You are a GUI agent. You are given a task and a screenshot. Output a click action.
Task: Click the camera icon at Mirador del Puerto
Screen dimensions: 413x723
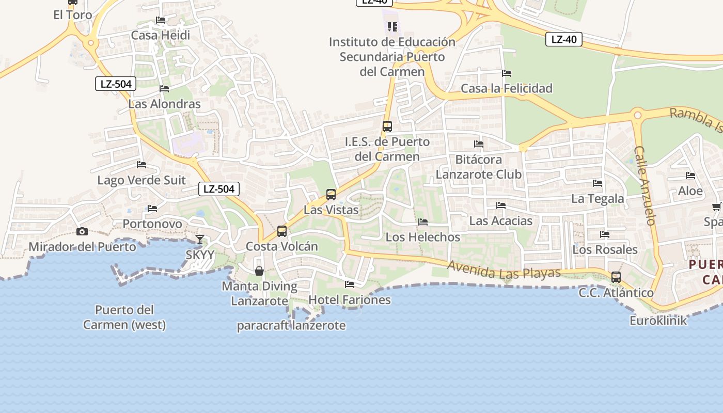point(82,231)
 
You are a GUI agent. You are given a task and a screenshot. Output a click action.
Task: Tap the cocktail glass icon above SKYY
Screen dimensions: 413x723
point(200,239)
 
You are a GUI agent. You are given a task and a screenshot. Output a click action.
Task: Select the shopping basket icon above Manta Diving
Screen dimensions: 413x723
point(259,271)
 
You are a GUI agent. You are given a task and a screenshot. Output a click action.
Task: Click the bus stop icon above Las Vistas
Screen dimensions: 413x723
point(331,195)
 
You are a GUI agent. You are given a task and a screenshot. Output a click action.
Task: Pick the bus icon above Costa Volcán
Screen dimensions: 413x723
point(282,231)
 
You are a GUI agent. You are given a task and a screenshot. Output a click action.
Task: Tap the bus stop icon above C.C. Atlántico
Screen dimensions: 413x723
point(616,277)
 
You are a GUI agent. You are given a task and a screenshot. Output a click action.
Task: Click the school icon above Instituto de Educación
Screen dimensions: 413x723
point(392,26)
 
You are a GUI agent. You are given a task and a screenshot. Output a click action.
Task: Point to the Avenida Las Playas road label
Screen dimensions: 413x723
point(504,269)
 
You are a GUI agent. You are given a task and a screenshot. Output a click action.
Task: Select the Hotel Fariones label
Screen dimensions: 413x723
point(350,299)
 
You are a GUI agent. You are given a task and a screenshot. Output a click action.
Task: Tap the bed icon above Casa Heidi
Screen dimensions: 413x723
point(161,20)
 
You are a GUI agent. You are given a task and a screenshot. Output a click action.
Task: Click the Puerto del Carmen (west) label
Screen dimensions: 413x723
point(124,317)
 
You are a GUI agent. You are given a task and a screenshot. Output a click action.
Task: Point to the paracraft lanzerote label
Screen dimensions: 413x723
point(291,326)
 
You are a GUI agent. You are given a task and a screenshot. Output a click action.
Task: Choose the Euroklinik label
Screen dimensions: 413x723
point(658,320)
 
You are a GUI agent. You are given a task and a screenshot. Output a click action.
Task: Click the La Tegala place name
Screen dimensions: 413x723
point(598,198)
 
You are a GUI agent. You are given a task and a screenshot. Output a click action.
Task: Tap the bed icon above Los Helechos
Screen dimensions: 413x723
point(423,222)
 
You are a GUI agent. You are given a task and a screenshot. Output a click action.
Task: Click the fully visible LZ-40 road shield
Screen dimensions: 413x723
point(564,39)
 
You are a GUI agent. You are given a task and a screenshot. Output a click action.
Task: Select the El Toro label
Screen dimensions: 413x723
point(73,14)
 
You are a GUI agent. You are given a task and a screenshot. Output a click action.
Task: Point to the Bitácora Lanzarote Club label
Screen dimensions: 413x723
point(479,166)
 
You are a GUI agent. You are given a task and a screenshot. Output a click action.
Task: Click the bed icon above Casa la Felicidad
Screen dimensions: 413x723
point(507,73)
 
